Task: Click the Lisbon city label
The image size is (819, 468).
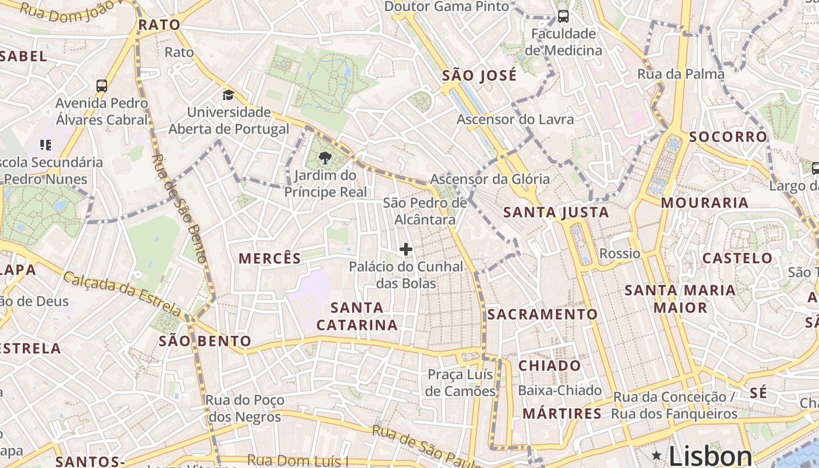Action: coord(710,456)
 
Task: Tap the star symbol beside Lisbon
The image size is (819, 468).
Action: coord(657,455)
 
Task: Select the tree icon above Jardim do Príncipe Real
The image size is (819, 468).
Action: coord(325,157)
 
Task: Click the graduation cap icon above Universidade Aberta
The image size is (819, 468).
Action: coord(228,95)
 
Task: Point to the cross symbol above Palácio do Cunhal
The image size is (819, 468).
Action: coord(405,250)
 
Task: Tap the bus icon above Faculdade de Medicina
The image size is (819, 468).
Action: coord(563,16)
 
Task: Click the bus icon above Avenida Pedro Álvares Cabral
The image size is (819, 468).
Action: coord(101,85)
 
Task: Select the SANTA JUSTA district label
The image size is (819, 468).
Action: coord(556,212)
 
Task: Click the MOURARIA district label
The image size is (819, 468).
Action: coord(704,203)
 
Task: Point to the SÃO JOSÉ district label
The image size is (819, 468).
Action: coord(479,75)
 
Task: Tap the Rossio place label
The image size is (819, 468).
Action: coord(620,253)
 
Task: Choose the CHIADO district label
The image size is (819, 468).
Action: coord(550,366)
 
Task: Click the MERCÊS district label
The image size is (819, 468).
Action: coord(270,258)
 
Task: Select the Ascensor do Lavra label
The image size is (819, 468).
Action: coord(515,119)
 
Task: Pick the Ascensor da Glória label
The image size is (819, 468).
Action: coord(490,179)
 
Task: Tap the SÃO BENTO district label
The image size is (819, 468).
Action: coord(205,341)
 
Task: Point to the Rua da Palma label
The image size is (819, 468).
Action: coord(680,74)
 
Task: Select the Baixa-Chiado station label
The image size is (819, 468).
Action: coord(560,390)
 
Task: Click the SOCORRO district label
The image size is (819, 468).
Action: coord(727,137)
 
